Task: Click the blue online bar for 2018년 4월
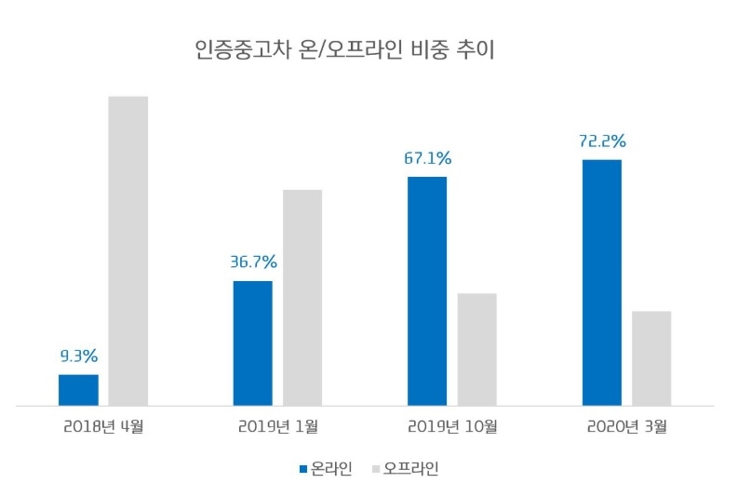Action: coord(78,390)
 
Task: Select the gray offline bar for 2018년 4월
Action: coord(128,251)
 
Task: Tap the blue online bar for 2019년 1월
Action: coord(252,343)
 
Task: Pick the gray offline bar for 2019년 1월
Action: coord(302,298)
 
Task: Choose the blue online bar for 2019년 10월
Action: coord(427,291)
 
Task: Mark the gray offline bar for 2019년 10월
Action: coord(477,350)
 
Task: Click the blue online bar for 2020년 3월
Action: coord(602,283)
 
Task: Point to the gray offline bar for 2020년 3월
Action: coord(651,358)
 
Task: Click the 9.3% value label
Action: coord(79,355)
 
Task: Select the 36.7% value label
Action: coord(253,261)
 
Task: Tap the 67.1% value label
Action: coord(427,157)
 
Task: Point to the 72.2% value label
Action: coord(602,141)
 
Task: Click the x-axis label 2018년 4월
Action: coord(103,429)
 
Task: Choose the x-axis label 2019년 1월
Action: coord(277,429)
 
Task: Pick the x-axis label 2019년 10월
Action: coord(452,429)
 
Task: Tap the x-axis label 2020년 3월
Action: coord(627,429)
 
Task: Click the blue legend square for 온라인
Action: coord(302,469)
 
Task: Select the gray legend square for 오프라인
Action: coord(377,469)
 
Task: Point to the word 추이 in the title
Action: coord(477,50)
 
